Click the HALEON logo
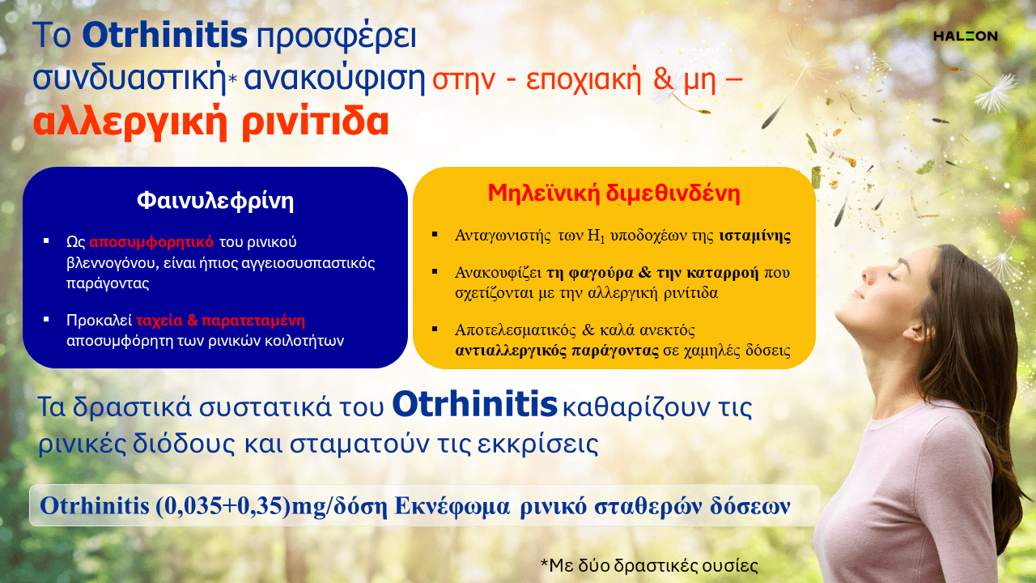[966, 36]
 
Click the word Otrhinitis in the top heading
[165, 35]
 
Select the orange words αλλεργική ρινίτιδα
[211, 122]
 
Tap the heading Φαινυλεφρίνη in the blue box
[215, 202]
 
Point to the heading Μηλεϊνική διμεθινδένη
[614, 194]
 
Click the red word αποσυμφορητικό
[151, 241]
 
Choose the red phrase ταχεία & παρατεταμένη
[221, 320]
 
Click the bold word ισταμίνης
[755, 236]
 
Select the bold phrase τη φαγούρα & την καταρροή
[652, 273]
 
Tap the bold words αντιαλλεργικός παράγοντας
[557, 351]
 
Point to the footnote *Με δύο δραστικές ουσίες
[649, 565]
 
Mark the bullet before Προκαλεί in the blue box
[46, 319]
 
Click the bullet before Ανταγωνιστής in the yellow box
[435, 235]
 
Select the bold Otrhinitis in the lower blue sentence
[474, 404]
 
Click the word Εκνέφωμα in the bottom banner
[452, 506]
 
